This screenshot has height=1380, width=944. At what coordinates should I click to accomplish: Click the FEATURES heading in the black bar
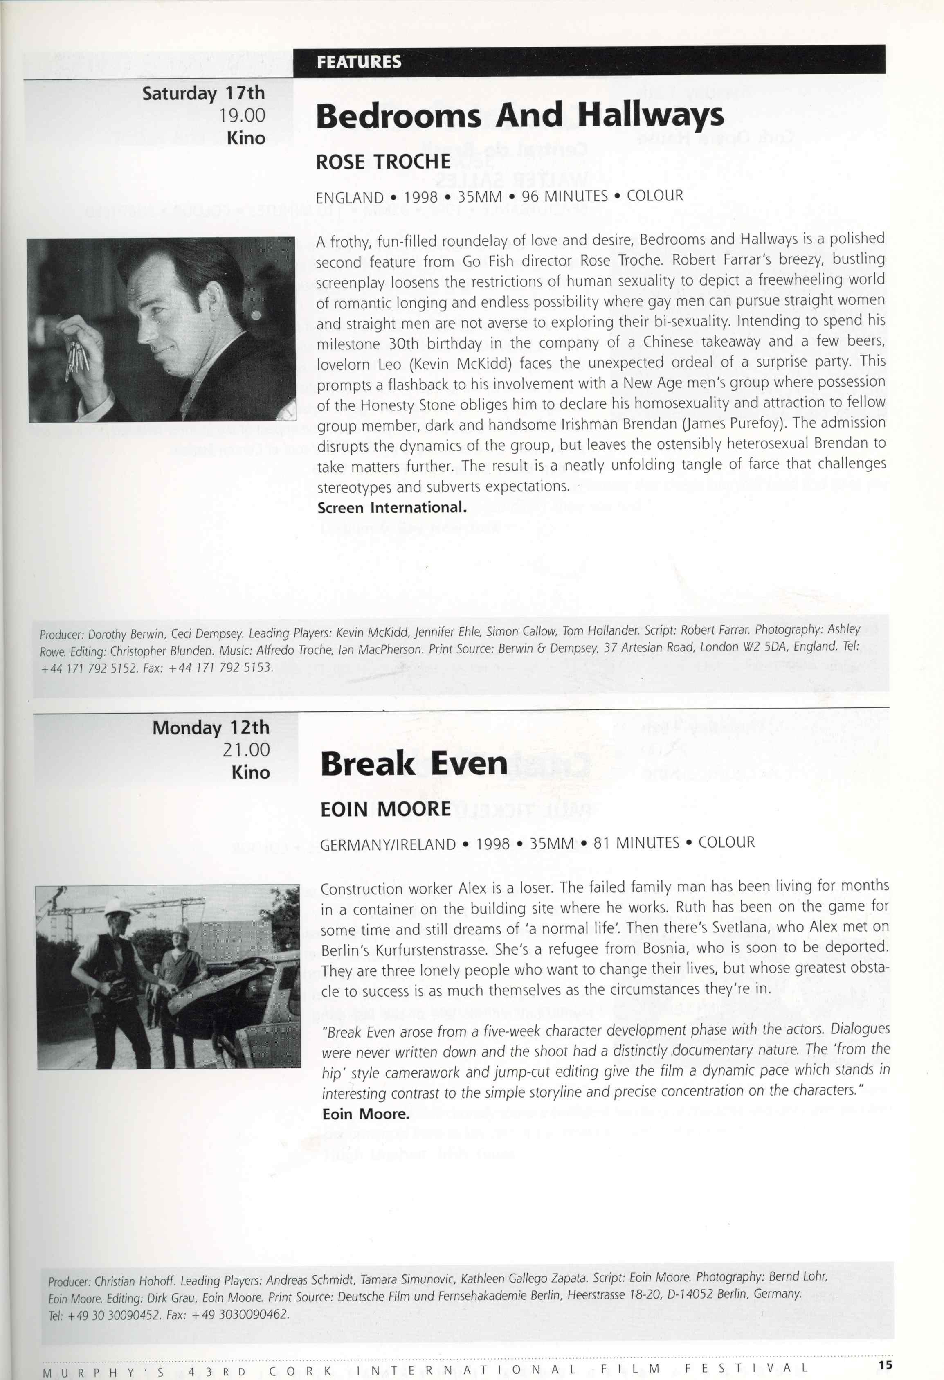pyautogui.click(x=359, y=62)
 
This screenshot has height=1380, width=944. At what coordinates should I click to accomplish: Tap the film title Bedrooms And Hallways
pyautogui.click(x=519, y=116)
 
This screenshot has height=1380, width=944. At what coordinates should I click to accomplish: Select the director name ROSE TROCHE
pyautogui.click(x=383, y=162)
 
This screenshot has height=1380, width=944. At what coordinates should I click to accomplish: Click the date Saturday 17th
pyautogui.click(x=203, y=93)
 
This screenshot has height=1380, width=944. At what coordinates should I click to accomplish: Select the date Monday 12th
pyautogui.click(x=210, y=727)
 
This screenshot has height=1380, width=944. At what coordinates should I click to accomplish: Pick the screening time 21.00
pyautogui.click(x=246, y=750)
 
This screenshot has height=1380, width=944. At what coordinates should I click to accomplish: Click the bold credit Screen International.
pyautogui.click(x=392, y=508)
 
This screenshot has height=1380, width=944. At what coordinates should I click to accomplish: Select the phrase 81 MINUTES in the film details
pyautogui.click(x=636, y=843)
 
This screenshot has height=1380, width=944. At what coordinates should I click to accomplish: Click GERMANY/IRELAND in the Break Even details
pyautogui.click(x=388, y=844)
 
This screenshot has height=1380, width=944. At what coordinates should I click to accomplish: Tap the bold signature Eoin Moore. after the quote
pyautogui.click(x=366, y=1114)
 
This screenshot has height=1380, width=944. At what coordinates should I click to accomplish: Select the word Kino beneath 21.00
pyautogui.click(x=251, y=772)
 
